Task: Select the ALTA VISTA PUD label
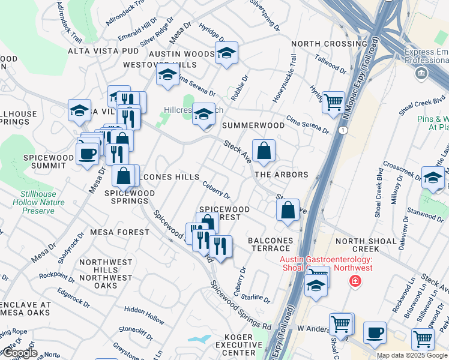point(103,51)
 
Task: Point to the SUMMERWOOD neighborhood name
point(253,125)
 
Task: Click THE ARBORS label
point(282,175)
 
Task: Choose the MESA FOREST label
point(119,232)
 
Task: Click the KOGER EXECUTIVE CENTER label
point(239,345)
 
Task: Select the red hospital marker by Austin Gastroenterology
point(355,280)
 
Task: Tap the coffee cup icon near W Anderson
point(375,332)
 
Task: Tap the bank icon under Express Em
point(421,74)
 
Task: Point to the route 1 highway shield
point(343,130)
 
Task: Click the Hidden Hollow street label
point(144,316)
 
